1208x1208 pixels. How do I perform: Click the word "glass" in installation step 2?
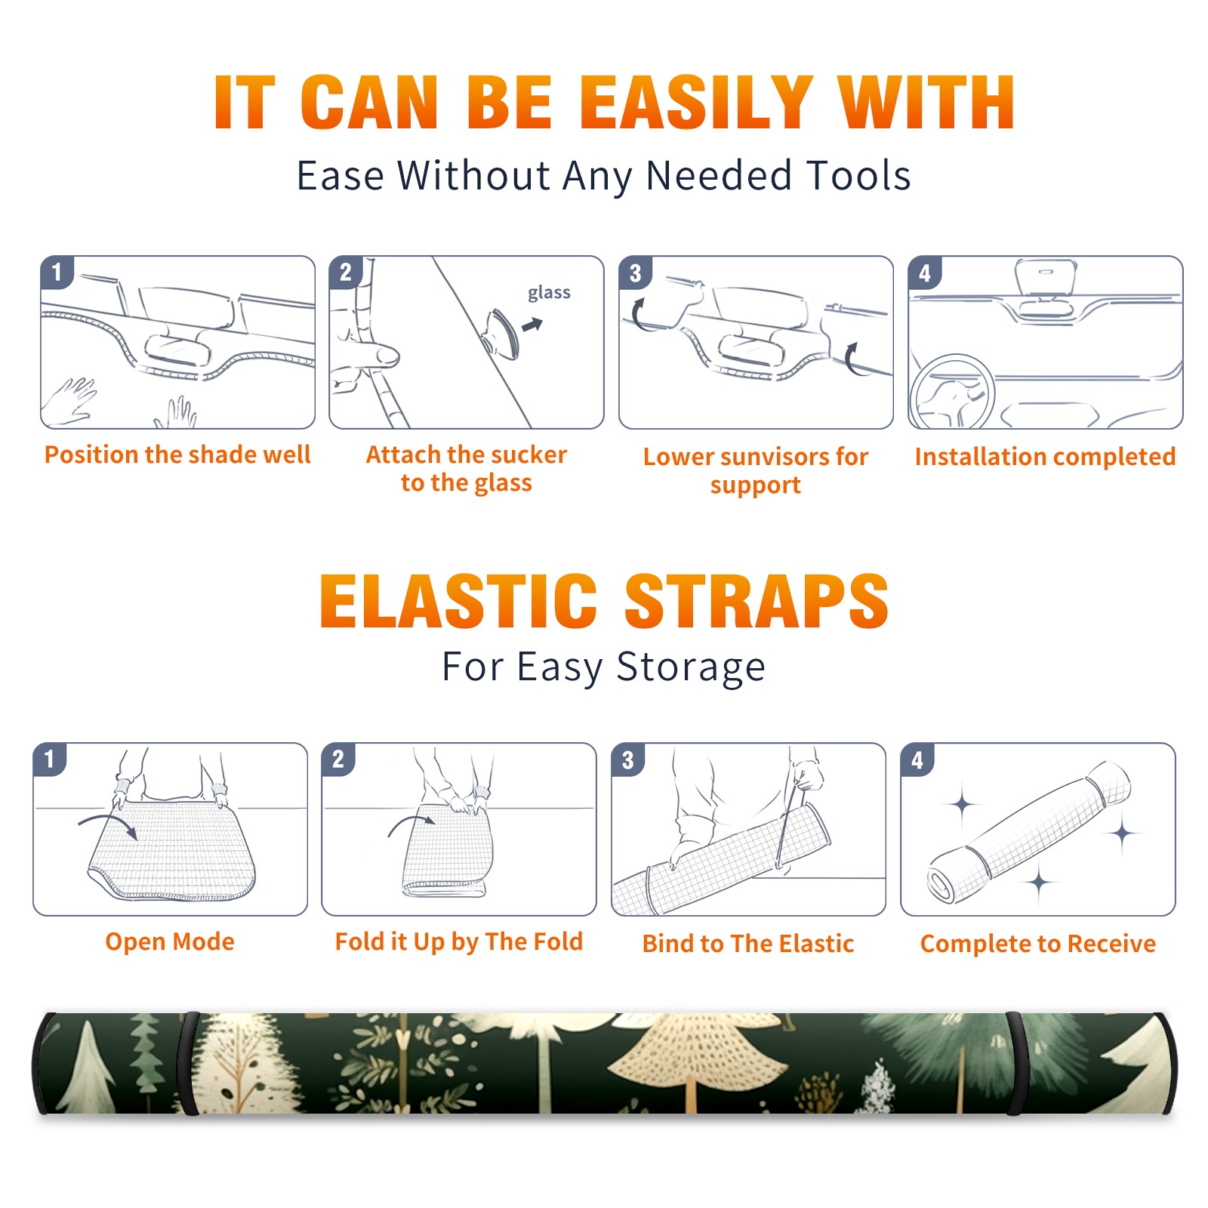tap(549, 293)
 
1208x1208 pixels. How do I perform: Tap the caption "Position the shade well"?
tap(177, 455)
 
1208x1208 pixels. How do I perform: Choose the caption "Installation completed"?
tap(1045, 457)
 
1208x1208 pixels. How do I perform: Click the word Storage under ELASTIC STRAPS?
tap(691, 667)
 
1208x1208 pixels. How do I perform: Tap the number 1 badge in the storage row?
tap(50, 760)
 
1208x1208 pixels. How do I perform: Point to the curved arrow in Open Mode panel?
tap(108, 823)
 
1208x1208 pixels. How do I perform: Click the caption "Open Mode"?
tap(170, 941)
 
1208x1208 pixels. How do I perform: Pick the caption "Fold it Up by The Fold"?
tap(459, 942)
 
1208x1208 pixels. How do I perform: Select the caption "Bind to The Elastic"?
tap(748, 944)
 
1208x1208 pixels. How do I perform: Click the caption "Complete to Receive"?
tap(1038, 944)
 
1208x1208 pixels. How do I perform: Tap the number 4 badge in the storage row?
tap(917, 760)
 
